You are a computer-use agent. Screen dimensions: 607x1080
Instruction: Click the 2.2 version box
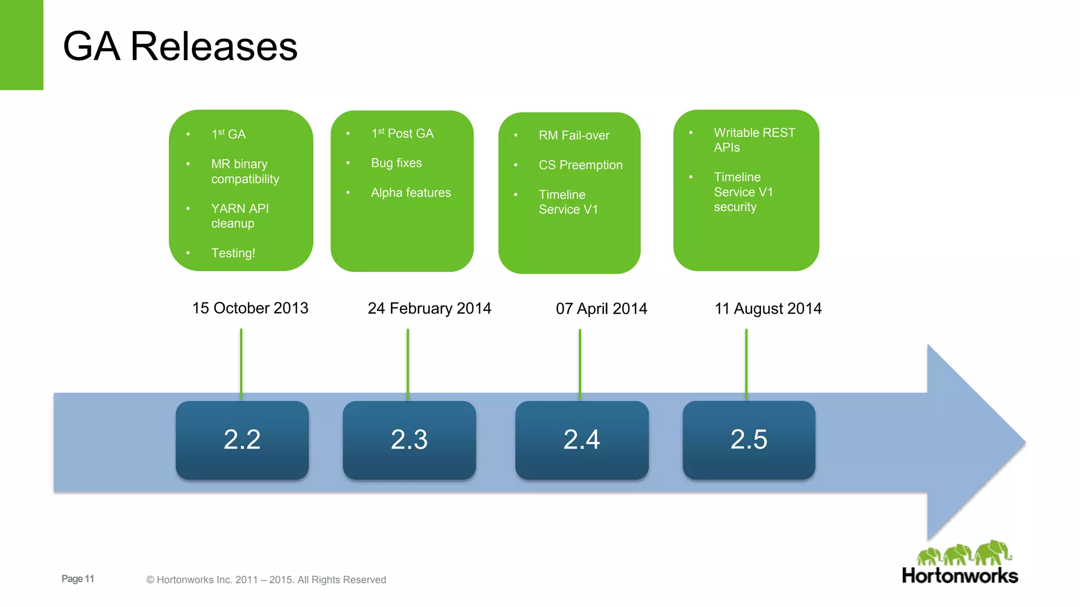(x=242, y=440)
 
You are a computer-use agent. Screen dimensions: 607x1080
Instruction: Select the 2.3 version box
(x=409, y=440)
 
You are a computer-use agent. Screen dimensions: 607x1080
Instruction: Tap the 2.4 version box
(x=582, y=440)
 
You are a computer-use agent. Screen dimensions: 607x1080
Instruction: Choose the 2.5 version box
(x=749, y=440)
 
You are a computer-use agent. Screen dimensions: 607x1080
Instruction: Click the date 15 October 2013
(x=250, y=308)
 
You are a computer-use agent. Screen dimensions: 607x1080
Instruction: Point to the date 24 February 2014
(x=429, y=308)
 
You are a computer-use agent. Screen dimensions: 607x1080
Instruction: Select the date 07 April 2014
(x=601, y=309)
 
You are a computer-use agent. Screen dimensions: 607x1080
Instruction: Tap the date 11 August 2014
(x=768, y=309)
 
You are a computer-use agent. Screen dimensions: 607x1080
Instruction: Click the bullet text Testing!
(x=233, y=253)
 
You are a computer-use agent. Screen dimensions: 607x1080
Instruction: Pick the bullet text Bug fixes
(x=396, y=163)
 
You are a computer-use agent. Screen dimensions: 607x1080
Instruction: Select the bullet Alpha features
(x=411, y=193)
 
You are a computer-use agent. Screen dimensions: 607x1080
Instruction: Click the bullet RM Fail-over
(x=574, y=135)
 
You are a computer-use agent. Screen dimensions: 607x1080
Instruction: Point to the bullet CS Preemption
(x=580, y=165)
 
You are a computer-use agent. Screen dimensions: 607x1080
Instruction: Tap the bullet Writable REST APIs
(x=754, y=140)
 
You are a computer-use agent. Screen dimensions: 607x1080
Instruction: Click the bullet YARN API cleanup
(x=240, y=216)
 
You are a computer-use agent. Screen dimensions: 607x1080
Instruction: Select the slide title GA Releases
(x=180, y=46)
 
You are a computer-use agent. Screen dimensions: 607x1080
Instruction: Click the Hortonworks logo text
(x=960, y=576)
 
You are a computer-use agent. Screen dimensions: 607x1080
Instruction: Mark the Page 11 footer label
(x=78, y=579)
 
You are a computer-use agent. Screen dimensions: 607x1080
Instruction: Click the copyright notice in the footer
(x=266, y=580)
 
